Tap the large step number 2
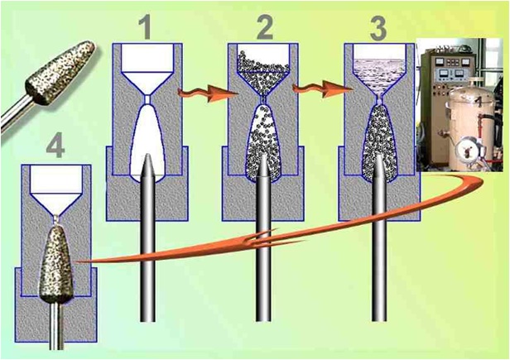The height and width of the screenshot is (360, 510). (263, 27)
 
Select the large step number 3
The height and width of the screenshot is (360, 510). (378, 28)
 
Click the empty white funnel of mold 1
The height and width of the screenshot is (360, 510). (147, 70)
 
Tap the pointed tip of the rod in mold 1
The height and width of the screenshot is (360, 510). (147, 155)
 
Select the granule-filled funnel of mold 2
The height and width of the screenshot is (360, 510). (263, 73)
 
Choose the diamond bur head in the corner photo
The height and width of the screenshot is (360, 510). (60, 72)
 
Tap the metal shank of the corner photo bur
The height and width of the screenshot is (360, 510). (16, 112)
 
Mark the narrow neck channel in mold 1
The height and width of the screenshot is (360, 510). (147, 99)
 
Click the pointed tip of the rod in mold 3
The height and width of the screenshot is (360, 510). (379, 155)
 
